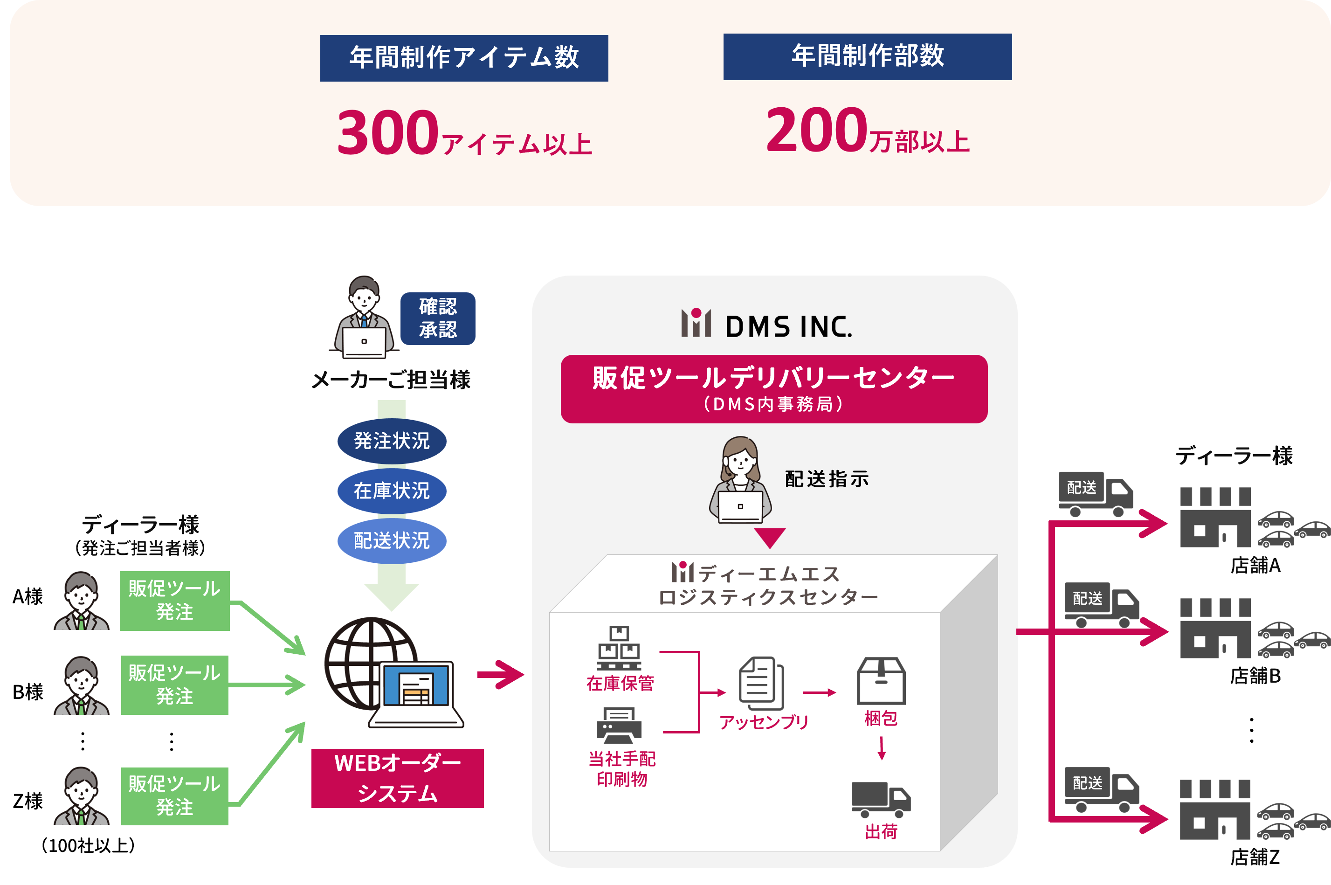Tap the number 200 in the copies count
[816, 131]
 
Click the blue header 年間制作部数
[867, 56]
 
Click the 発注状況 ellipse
[392, 441]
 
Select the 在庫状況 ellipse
[392, 491]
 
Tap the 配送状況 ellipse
[392, 541]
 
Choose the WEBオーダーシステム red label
[397, 778]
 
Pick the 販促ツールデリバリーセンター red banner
[773, 388]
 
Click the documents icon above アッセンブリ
[761, 683]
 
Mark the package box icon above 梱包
[881, 681]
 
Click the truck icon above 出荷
[880, 799]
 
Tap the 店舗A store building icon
[1215, 518]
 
